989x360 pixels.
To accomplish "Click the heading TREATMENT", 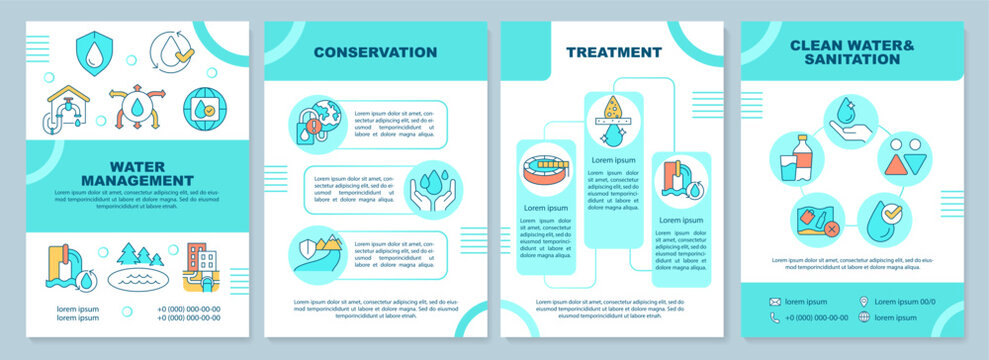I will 614,52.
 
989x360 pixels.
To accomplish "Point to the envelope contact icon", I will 774,301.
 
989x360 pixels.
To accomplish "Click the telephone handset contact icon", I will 774,317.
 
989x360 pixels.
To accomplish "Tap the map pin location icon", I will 864,301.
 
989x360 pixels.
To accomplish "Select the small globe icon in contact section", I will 864,317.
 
